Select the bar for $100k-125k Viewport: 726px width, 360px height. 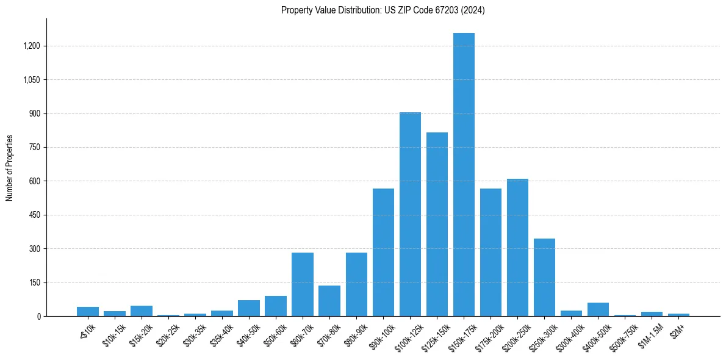coord(410,214)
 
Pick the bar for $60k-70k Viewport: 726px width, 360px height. coord(303,284)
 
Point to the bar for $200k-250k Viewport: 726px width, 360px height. coord(517,247)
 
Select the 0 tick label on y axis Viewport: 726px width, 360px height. coord(38,317)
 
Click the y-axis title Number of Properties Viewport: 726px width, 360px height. coord(10,168)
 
